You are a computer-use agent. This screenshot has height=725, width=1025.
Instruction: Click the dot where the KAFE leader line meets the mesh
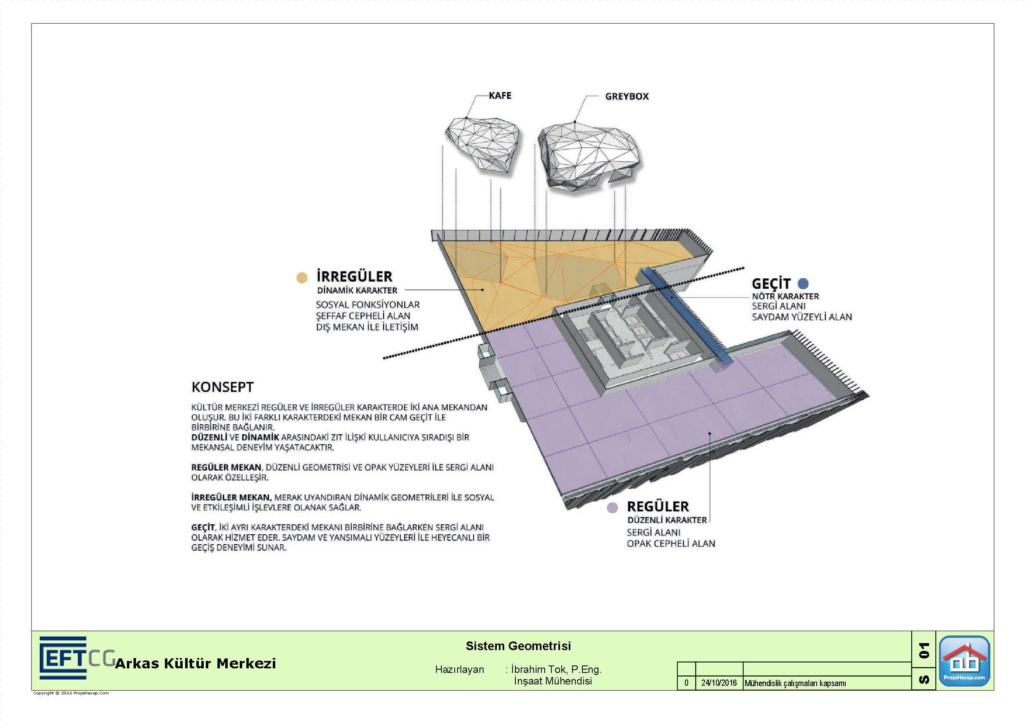[467, 118]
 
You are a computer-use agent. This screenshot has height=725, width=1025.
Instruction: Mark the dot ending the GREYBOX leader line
[574, 122]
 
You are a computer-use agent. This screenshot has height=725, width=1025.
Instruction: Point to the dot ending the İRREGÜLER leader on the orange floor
[483, 290]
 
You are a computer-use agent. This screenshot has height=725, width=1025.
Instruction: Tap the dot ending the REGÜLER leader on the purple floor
[709, 433]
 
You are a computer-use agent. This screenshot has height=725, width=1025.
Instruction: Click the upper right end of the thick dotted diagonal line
[743, 268]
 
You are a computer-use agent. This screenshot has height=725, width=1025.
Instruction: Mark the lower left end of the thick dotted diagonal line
[384, 358]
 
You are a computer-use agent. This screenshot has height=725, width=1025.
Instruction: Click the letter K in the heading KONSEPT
[195, 387]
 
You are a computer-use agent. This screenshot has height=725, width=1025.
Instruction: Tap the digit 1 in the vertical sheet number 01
[924, 646]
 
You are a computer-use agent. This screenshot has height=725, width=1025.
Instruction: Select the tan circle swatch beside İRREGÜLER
[302, 278]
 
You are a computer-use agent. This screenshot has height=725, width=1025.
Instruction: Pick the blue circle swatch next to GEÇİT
[803, 283]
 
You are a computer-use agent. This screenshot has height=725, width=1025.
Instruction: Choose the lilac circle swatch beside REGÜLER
[612, 507]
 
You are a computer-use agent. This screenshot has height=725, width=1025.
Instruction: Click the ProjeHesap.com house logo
[964, 660]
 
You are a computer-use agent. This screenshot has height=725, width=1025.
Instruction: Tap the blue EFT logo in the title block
[63, 658]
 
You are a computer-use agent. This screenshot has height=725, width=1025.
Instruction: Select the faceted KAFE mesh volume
[483, 144]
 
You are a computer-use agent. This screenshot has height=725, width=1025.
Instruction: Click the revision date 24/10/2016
[719, 682]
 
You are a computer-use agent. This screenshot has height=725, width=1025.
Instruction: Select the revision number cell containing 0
[686, 682]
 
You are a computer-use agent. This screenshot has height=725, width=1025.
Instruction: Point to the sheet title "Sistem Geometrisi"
[518, 646]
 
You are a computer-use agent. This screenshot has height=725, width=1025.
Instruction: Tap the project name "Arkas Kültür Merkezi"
[195, 663]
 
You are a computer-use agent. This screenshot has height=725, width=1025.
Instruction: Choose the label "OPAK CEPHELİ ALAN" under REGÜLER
[671, 543]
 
